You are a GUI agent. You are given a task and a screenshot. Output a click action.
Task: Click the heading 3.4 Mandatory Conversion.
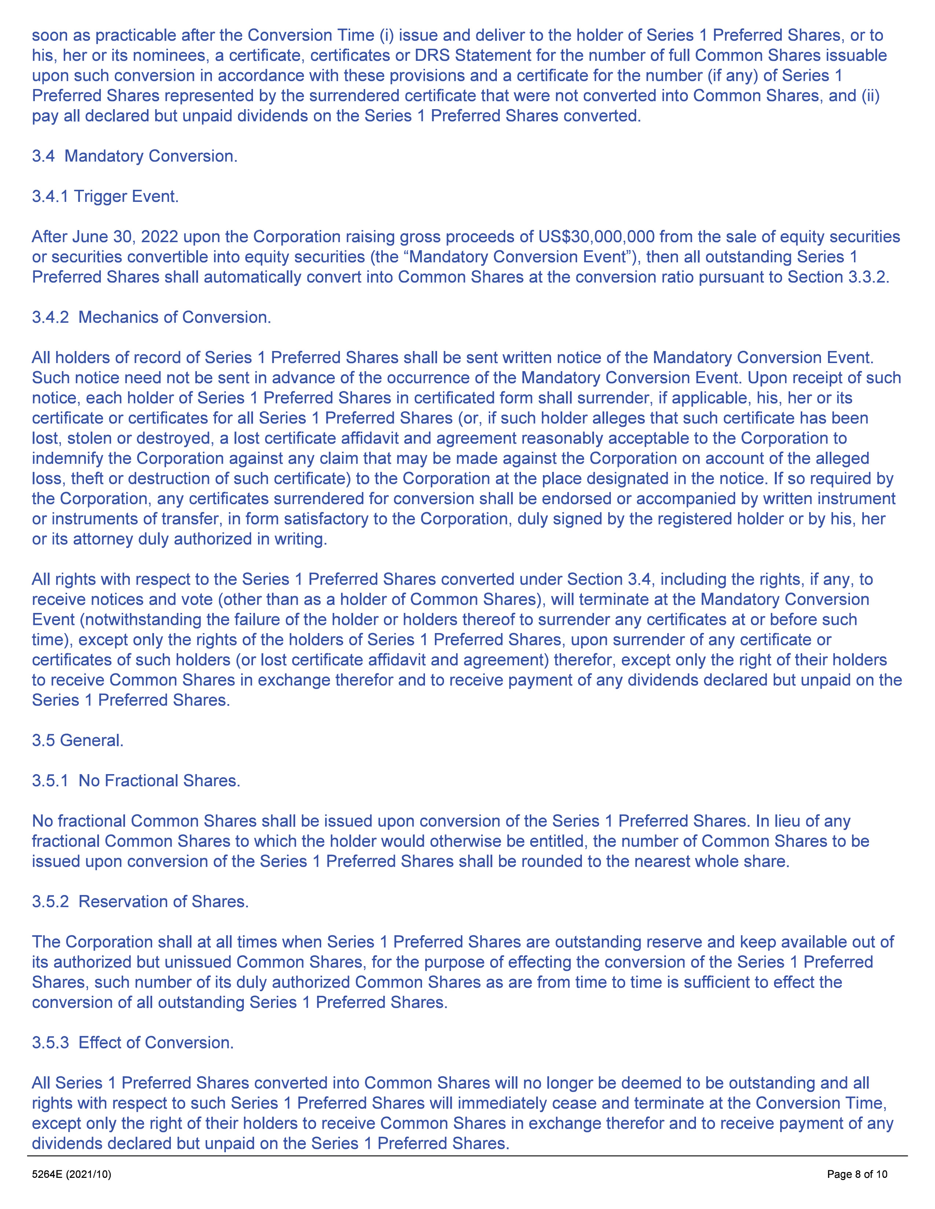135,156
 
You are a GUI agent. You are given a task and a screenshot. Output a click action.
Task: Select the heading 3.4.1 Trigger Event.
105,196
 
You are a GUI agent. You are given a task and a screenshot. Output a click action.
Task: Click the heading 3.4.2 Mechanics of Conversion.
151,318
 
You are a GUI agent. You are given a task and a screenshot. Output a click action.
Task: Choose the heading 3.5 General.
77,741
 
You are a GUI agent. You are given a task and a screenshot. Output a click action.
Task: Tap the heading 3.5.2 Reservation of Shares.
140,902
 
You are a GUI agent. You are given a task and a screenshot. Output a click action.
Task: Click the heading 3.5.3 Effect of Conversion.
132,1043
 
